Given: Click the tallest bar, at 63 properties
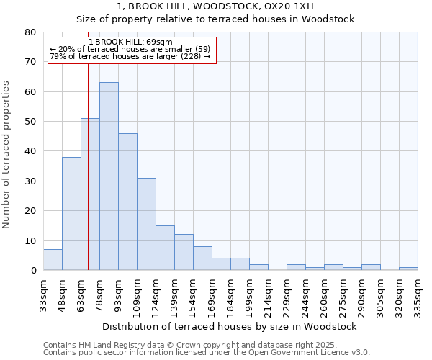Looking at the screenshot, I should tap(109, 176).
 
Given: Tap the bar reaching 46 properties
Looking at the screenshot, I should tap(127, 202).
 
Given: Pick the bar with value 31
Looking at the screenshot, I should tap(146, 224).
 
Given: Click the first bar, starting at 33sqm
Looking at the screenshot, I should tap(53, 260).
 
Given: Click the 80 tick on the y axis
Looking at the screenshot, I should tap(30, 32).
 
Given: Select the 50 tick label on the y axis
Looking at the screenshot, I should tap(30, 122).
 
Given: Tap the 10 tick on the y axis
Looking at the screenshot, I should tap(30, 241).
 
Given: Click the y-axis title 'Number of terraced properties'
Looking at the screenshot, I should tap(7, 155).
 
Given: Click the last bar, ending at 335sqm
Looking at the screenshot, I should tap(408, 269).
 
